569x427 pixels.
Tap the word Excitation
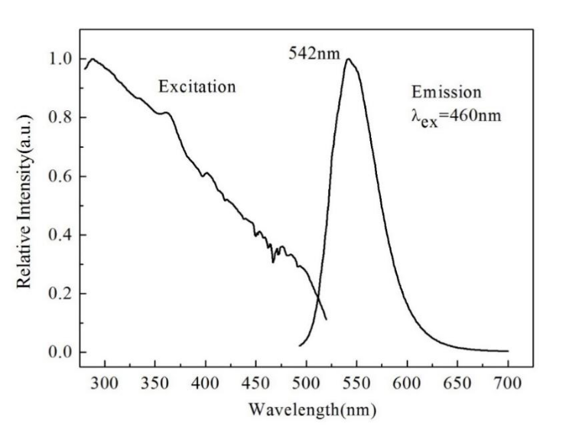click(x=197, y=86)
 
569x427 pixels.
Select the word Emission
click(x=447, y=93)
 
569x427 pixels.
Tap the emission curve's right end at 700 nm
click(x=507, y=351)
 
